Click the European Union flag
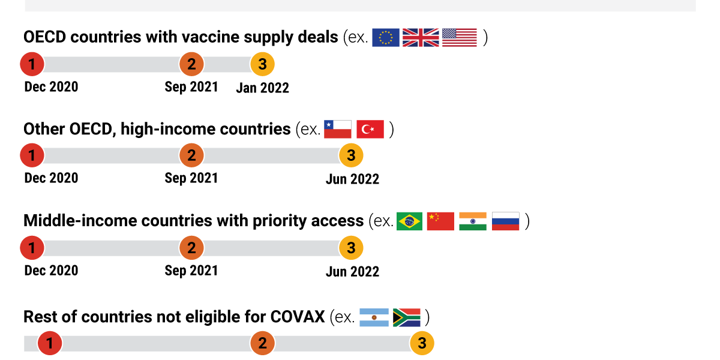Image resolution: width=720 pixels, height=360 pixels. click(x=386, y=38)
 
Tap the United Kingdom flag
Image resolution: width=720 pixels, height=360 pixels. click(x=421, y=38)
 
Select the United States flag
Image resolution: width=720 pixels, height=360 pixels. click(x=460, y=38)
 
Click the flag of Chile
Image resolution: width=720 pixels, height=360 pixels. click(x=337, y=129)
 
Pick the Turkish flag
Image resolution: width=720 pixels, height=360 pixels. click(x=370, y=129)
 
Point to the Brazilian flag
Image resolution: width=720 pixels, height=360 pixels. click(x=409, y=221)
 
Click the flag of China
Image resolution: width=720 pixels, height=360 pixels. click(x=440, y=221)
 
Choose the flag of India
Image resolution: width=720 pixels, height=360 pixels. click(x=473, y=221)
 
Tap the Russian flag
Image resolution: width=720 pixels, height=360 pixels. click(x=505, y=221)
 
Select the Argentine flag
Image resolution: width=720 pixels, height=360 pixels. click(x=374, y=317)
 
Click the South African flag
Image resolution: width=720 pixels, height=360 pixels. click(x=407, y=317)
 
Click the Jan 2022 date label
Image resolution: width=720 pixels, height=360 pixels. click(x=262, y=88)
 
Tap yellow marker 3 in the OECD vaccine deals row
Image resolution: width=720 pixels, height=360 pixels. click(x=262, y=64)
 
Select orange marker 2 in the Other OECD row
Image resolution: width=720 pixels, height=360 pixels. click(x=191, y=155)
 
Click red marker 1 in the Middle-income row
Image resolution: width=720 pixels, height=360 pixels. click(x=32, y=248)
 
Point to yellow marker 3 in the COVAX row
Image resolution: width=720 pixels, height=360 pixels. click(x=422, y=343)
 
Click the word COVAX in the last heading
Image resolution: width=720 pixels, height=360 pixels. click(x=298, y=317)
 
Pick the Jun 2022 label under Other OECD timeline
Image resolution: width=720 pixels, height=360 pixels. click(x=352, y=179)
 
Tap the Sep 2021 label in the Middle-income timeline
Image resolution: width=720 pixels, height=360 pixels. click(x=191, y=271)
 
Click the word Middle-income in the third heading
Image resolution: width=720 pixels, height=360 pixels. click(x=80, y=221)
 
